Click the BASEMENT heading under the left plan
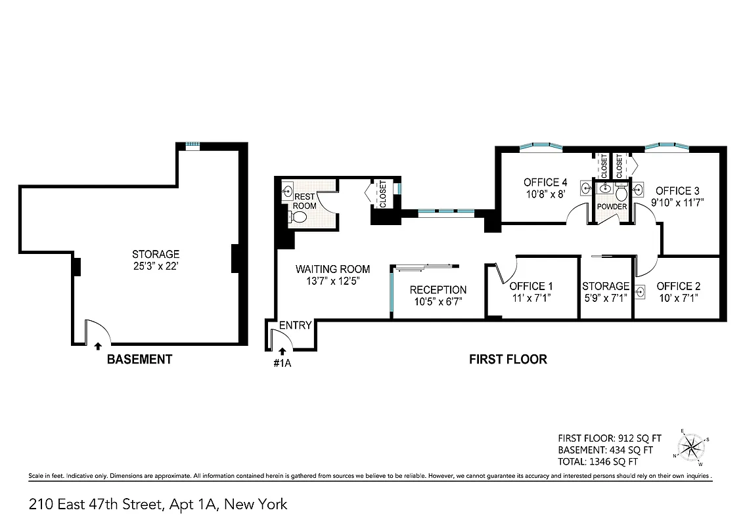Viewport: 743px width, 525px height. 139,359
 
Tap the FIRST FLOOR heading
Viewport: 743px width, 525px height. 507,359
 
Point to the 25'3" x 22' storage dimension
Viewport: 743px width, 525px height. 156,266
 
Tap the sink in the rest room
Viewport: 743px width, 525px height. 288,192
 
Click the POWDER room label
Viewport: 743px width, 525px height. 611,207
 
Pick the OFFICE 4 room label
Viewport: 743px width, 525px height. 545,182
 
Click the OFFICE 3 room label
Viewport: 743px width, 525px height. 673,191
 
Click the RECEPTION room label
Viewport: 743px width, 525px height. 438,290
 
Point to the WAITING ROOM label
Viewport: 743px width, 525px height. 332,269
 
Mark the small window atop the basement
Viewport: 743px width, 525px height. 192,146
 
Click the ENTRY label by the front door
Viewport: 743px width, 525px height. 295,325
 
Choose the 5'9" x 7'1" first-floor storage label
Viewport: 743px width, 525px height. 605,297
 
